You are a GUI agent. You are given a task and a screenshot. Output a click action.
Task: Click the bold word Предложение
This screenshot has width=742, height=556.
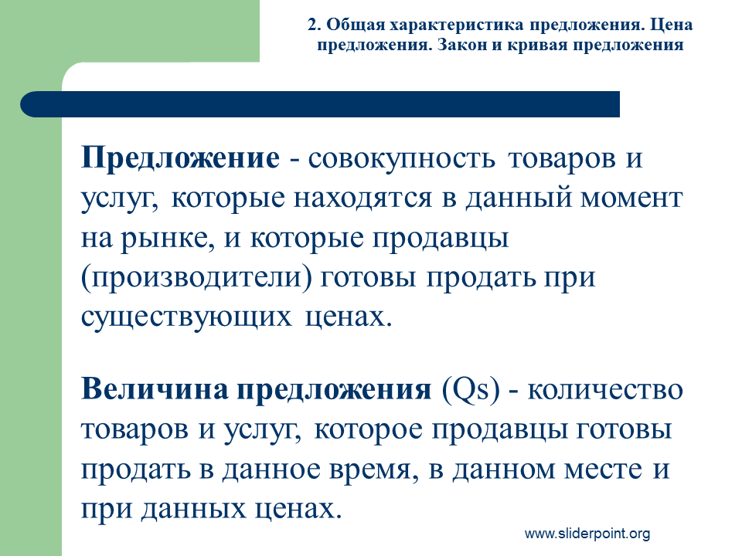coord(180,158)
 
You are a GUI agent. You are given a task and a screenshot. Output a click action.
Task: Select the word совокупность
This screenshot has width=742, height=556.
coord(402,159)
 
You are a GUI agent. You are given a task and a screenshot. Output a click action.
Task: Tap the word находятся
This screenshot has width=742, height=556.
coord(363,198)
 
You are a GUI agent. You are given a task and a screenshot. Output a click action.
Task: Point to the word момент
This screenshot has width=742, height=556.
coord(631,198)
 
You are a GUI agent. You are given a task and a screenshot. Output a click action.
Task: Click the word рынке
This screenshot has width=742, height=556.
coord(164,239)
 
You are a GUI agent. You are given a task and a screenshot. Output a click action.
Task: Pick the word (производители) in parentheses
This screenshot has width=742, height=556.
coord(197,279)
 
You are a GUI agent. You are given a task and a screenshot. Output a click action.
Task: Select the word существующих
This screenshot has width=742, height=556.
coord(186,317)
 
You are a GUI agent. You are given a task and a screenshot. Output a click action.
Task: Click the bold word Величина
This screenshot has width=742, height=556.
coord(155,389)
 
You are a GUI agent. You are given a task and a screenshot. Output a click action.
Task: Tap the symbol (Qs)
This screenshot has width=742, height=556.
coord(471,391)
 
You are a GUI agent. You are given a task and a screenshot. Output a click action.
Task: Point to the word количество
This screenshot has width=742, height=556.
coord(605,391)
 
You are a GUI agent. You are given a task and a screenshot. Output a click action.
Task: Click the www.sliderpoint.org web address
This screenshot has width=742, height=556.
coord(587,534)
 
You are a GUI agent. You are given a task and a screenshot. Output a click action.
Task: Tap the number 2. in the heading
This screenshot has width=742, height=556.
coord(315,25)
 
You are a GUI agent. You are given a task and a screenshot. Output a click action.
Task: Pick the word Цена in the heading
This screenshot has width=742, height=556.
coord(671,25)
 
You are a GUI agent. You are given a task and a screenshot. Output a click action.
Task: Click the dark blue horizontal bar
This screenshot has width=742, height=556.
coord(320,104)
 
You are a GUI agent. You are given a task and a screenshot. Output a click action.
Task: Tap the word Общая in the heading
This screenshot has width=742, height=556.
coord(356,25)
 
